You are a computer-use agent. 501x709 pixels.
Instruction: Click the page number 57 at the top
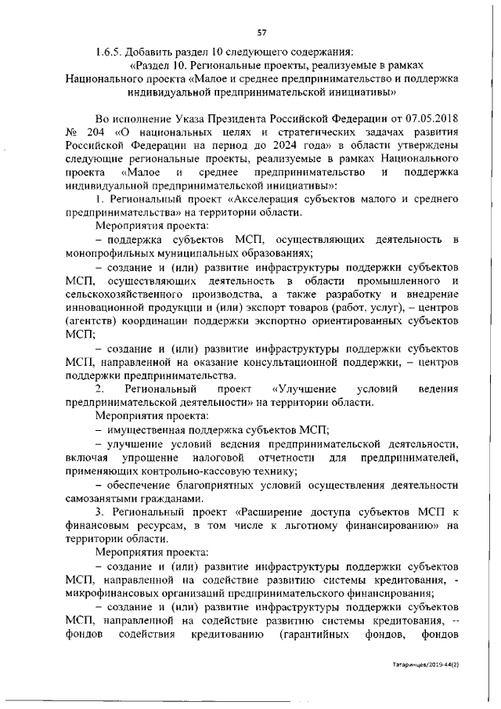pos(261,31)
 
